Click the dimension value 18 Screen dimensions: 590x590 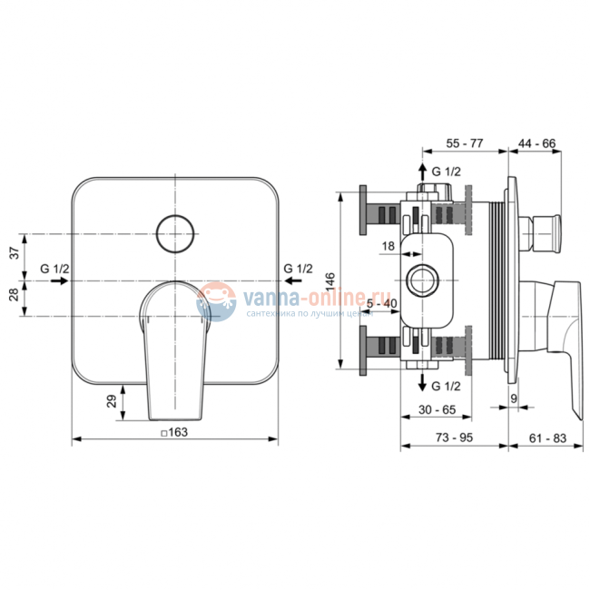[x=388, y=246]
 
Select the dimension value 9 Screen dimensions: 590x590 [x=514, y=397]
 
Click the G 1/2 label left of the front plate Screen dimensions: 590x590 [x=55, y=268]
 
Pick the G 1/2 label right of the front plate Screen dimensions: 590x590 [x=298, y=268]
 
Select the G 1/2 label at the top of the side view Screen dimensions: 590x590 [x=446, y=172]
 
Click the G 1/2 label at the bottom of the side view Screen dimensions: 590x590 [x=446, y=385]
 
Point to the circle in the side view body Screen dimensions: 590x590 [x=423, y=280]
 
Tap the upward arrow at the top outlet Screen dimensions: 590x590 [x=421, y=171]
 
